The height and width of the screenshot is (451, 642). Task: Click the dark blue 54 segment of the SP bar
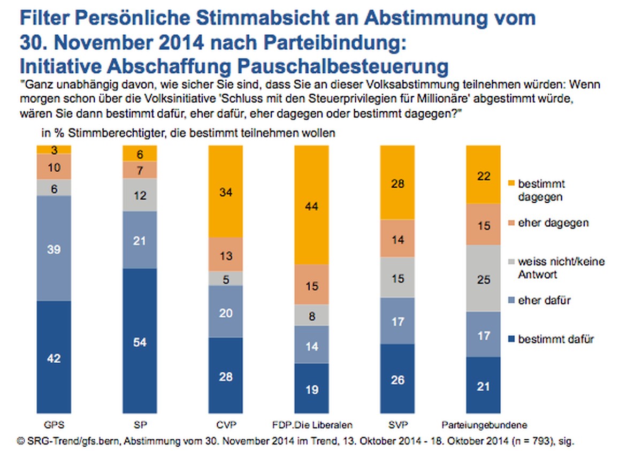click(140, 341)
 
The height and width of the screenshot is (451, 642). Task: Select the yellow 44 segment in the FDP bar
click(311, 205)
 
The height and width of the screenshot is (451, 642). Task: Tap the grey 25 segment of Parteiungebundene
click(483, 278)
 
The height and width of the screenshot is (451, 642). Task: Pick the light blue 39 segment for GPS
click(54, 248)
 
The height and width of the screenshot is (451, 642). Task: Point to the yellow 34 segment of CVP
click(226, 192)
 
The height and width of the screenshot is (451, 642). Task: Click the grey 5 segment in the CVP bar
click(226, 279)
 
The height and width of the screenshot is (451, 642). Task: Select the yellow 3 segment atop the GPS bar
click(54, 150)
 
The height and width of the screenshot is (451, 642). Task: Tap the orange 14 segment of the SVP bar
click(397, 239)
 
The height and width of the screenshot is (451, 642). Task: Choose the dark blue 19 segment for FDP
click(311, 388)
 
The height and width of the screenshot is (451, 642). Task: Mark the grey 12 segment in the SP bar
click(140, 195)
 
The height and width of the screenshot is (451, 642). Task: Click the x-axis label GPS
click(54, 425)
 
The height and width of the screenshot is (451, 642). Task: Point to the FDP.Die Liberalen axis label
click(312, 425)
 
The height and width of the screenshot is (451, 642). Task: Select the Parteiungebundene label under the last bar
click(484, 425)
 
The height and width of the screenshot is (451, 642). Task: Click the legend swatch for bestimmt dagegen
click(511, 184)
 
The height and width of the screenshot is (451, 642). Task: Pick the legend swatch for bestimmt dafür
click(511, 339)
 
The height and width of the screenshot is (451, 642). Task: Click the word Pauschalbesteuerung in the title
click(343, 66)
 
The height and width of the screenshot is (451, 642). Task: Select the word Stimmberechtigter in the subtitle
click(117, 133)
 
